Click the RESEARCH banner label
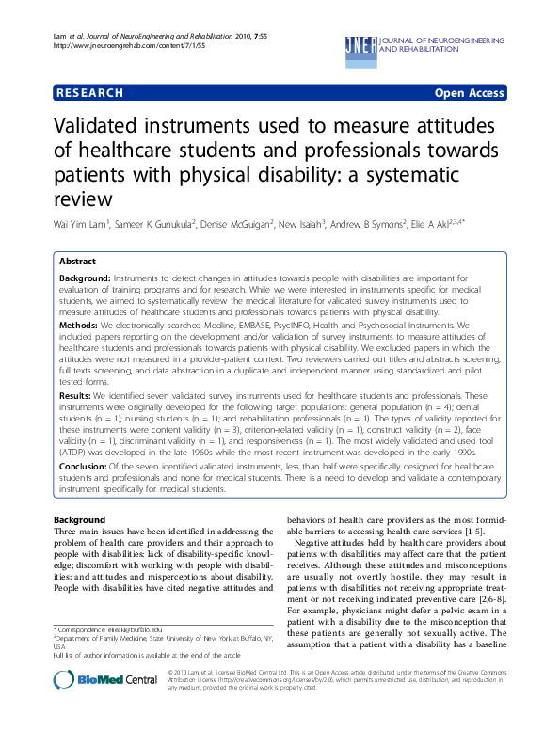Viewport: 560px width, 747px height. point(89,93)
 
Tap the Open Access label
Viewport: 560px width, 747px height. point(469,93)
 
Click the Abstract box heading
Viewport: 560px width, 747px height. point(78,262)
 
